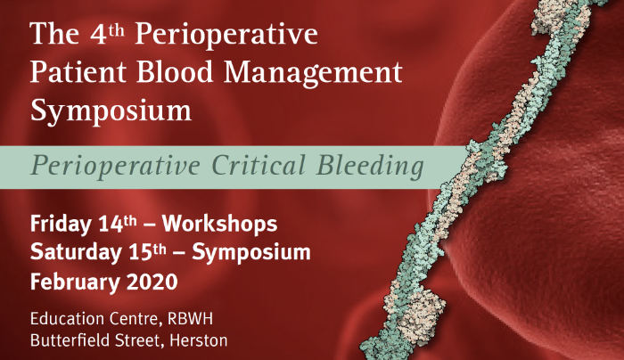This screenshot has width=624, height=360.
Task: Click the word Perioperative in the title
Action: [226, 35]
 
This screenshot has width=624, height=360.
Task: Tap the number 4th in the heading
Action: [107, 34]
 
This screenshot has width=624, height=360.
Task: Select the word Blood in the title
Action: [175, 72]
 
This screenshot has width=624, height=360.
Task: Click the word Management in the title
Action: [313, 74]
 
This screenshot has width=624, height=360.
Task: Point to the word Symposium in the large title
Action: [111, 111]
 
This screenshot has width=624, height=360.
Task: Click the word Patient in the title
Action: [78, 72]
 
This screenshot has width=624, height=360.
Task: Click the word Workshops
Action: [219, 224]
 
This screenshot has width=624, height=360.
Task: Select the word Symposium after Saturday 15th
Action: [251, 253]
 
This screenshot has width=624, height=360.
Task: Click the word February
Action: [75, 282]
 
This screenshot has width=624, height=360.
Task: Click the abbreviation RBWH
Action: [190, 319]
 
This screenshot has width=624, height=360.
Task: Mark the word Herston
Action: [199, 341]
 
